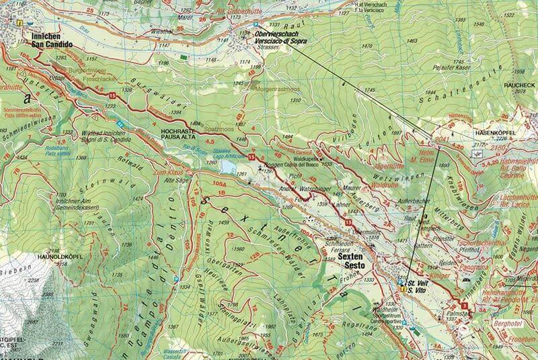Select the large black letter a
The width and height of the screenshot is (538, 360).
point(28,96)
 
